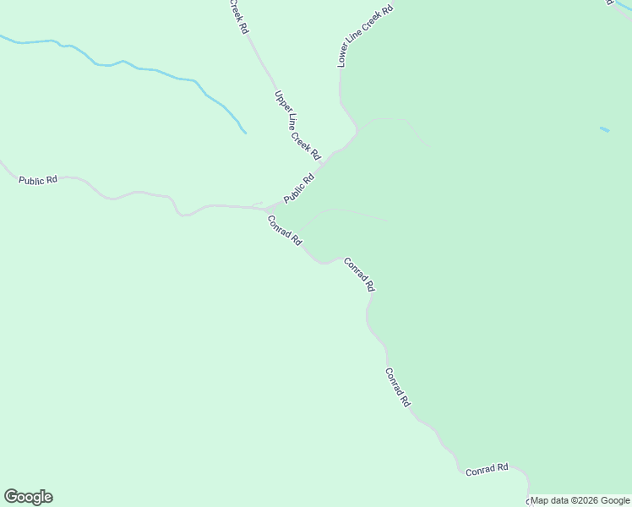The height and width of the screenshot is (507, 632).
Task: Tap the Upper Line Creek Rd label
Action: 297,125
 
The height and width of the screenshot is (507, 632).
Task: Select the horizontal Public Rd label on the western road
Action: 38,180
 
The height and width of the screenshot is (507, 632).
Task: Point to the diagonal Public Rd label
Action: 298,188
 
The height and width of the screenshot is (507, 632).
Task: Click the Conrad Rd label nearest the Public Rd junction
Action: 285,230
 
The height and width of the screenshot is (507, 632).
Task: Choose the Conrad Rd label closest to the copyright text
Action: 487,468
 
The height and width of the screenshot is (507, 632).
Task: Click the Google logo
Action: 28,497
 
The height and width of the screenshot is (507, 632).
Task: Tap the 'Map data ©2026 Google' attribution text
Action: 580,500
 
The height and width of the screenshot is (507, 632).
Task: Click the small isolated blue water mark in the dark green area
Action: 604,129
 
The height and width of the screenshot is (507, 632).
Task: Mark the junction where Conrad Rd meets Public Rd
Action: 266,209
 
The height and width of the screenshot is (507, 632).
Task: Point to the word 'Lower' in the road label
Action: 343,57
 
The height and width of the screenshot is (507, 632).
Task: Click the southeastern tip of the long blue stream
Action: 244,132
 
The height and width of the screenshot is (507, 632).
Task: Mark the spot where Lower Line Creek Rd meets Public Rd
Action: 358,131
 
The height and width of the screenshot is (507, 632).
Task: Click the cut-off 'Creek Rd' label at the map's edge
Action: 239,15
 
